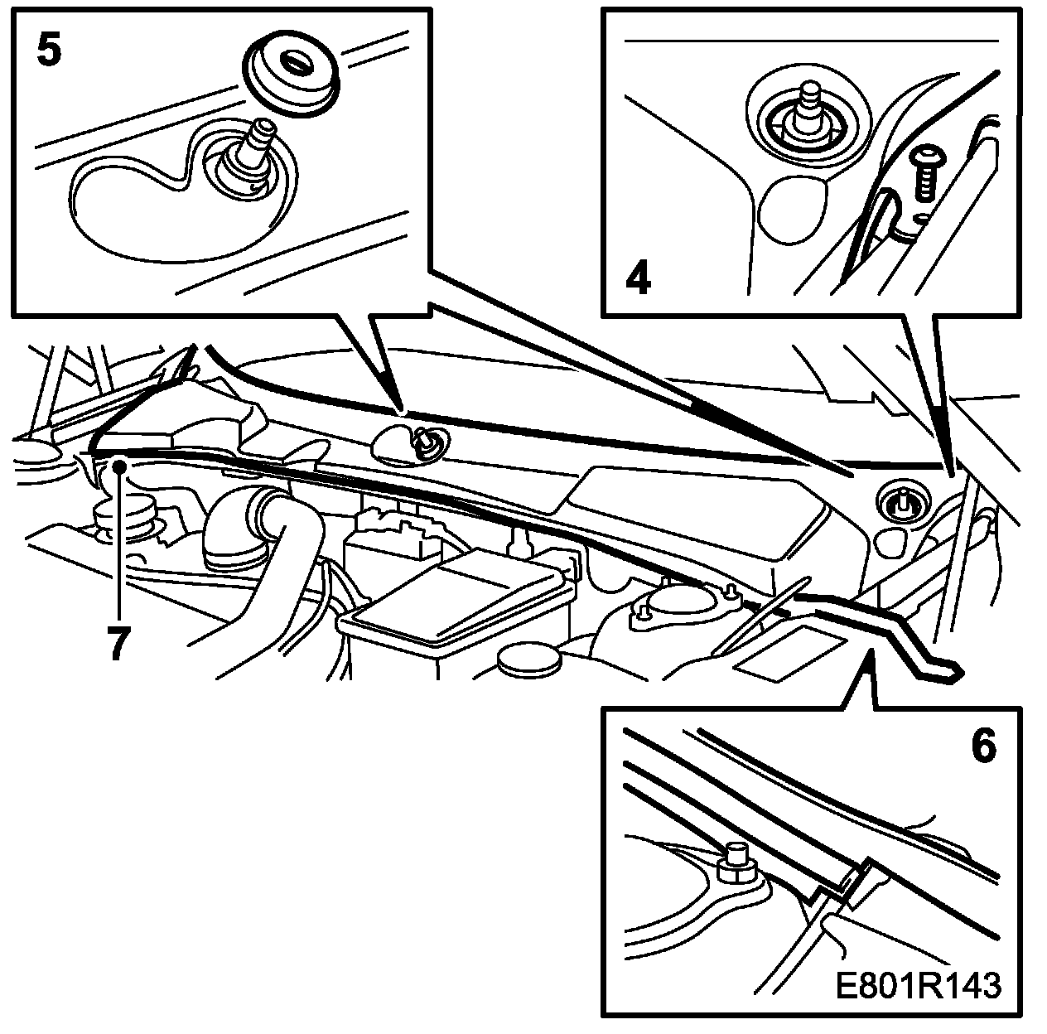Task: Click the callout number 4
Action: coord(638,279)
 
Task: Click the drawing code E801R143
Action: coord(918,986)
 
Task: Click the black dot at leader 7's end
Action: coord(121,466)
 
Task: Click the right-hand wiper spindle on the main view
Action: coord(900,501)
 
